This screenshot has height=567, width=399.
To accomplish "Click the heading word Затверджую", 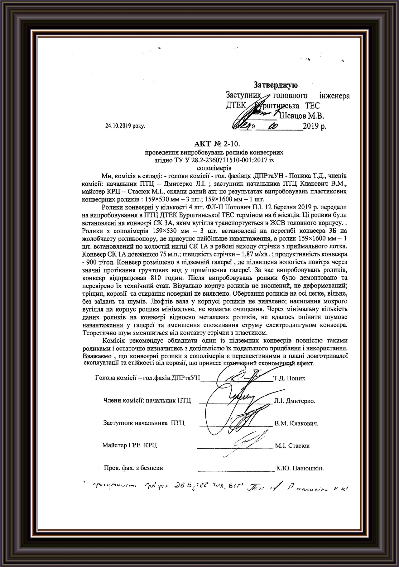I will tap(276, 85).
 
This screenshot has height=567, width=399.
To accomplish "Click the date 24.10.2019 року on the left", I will tap(125, 126).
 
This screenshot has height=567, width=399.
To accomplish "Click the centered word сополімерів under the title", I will tap(214, 167).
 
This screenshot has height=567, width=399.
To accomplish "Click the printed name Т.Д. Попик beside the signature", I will tap(289, 379).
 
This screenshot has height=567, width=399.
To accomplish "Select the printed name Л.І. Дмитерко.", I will tap(295, 401).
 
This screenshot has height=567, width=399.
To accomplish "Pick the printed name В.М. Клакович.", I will tap(296, 423).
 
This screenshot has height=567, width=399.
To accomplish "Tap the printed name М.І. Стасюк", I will tap(292, 445).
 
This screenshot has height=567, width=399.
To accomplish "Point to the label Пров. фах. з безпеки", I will tap(133, 468).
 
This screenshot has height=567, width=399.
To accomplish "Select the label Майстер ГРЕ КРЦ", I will tap(129, 445).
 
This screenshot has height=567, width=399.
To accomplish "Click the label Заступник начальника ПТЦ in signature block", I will tap(144, 423).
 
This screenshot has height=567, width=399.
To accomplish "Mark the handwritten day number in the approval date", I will tap(247, 126).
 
